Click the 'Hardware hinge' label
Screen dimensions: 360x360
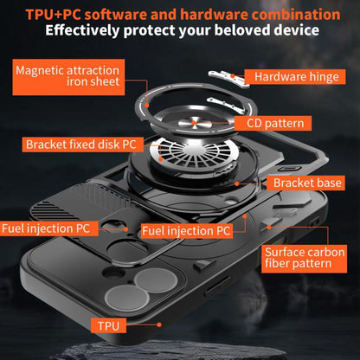[x=295, y=77]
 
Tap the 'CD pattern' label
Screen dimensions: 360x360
[x=273, y=124]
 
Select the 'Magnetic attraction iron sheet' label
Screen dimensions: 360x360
[x=68, y=77]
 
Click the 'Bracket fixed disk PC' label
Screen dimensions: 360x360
[x=83, y=145]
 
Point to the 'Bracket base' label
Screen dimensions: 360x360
[x=305, y=183]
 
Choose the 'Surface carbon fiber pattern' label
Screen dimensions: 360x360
[x=304, y=258]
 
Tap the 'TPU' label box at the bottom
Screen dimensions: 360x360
[x=108, y=325]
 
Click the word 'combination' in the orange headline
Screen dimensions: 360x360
[x=296, y=15]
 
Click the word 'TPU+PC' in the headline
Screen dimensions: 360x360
[x=53, y=15]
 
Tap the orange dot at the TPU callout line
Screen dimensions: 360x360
[x=159, y=325]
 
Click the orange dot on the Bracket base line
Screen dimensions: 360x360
[x=236, y=183]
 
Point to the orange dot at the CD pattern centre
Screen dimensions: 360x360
[x=194, y=124]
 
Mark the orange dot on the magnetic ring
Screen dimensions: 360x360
[x=147, y=106]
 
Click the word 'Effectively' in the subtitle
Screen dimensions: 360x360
[x=82, y=31]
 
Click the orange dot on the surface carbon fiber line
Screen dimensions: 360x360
[x=268, y=228]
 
